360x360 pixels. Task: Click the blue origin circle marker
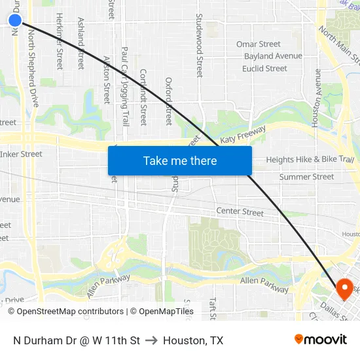point(15,20)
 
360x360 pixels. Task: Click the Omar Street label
point(259,45)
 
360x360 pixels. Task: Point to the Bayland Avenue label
point(273,56)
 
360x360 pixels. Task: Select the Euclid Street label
point(264,68)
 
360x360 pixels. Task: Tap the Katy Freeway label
point(242,135)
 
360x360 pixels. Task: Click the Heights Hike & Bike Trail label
point(310,159)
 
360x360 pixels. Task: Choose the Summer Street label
point(306,177)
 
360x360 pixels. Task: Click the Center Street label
point(240,212)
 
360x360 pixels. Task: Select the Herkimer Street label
point(60,41)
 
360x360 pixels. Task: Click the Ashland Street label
point(81,43)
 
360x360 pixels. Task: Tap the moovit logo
point(321,340)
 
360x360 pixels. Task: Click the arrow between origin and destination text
point(151,340)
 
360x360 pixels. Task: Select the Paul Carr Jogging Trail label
point(125,85)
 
